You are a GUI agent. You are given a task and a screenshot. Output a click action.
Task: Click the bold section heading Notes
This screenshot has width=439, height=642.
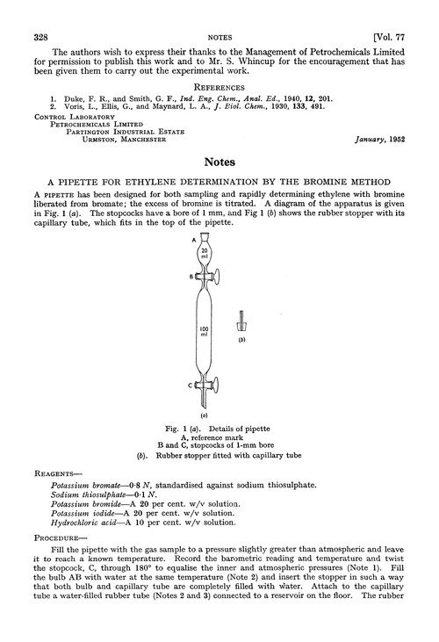218,162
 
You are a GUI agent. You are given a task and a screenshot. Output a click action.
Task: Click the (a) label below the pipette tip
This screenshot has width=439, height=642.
202,411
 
